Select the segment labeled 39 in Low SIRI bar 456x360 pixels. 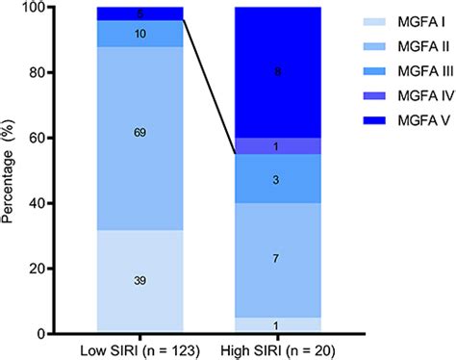[139, 280]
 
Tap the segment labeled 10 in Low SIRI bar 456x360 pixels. [139, 34]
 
